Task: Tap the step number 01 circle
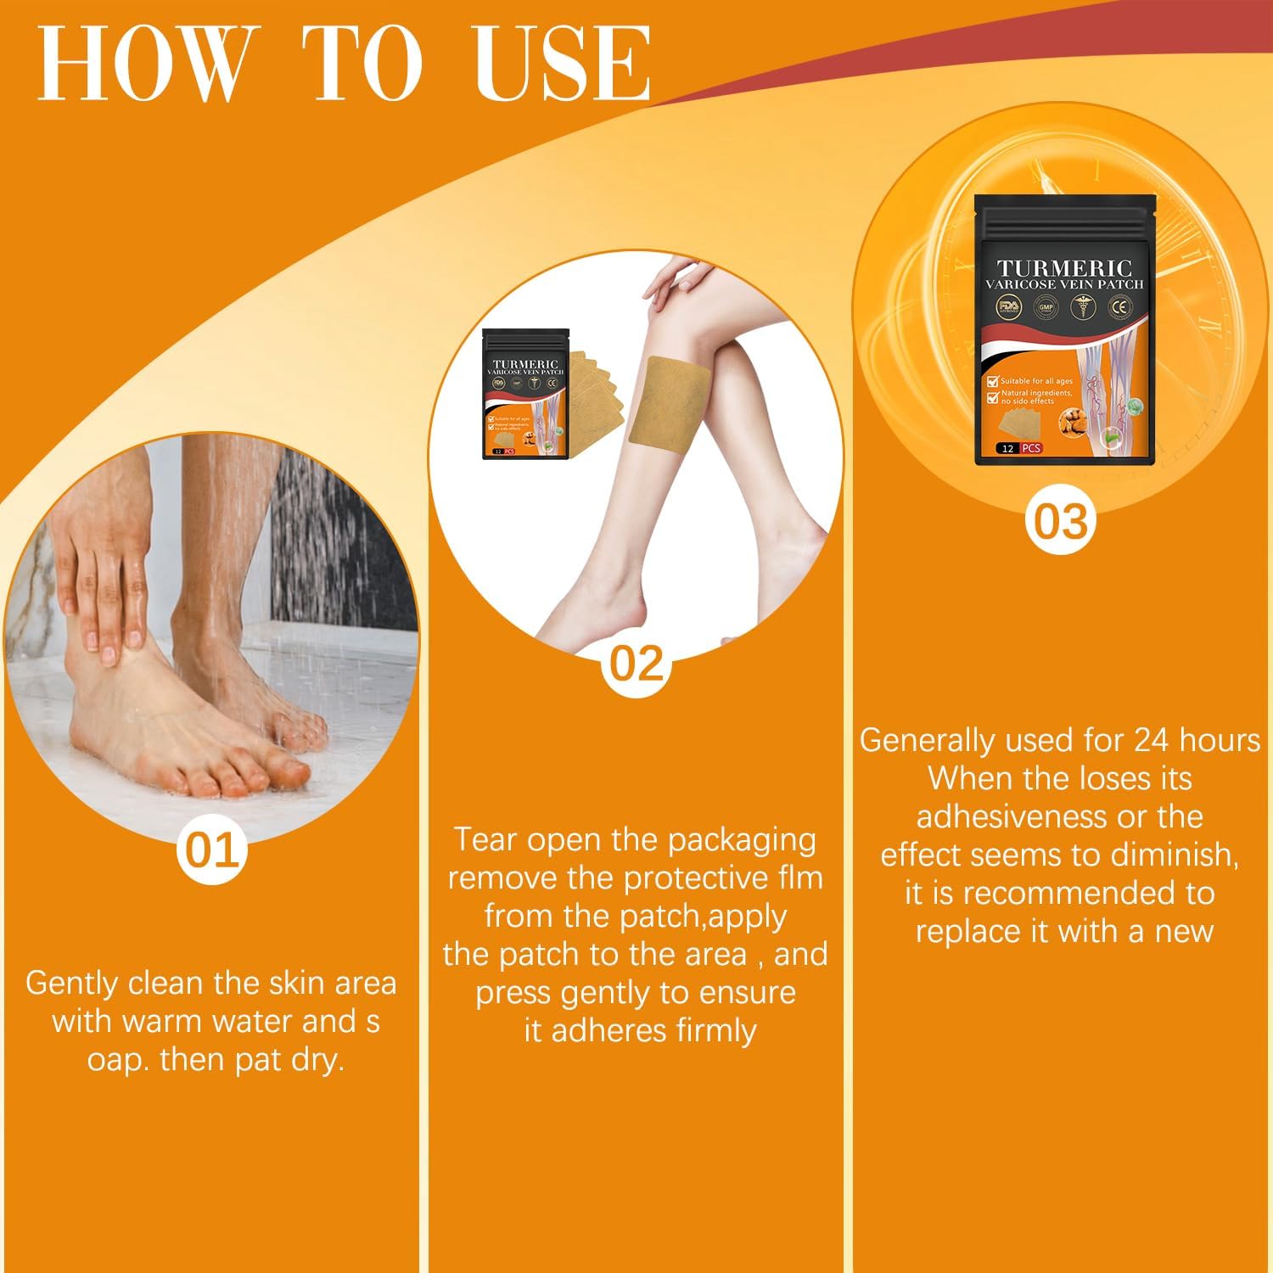[212, 850]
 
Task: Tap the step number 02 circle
[636, 664]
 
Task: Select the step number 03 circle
[1060, 521]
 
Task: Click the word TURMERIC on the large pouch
[1064, 269]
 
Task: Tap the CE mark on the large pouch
[1119, 306]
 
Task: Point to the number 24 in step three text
[1151, 740]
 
